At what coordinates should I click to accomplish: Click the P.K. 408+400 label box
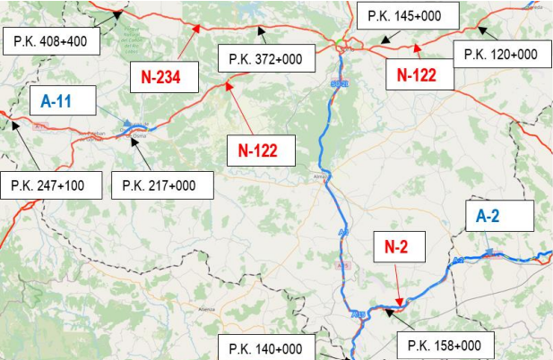pyautogui.click(x=51, y=41)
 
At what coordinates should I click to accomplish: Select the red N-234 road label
pyautogui.click(x=168, y=77)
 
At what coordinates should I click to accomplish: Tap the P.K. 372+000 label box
pyautogui.click(x=265, y=60)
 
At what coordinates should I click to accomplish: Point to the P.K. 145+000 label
pyautogui.click(x=407, y=16)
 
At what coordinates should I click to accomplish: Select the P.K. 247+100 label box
pyautogui.click(x=48, y=185)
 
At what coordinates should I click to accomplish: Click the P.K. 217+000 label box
pyautogui.click(x=161, y=185)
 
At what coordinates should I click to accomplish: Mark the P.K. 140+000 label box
pyautogui.click(x=265, y=348)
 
